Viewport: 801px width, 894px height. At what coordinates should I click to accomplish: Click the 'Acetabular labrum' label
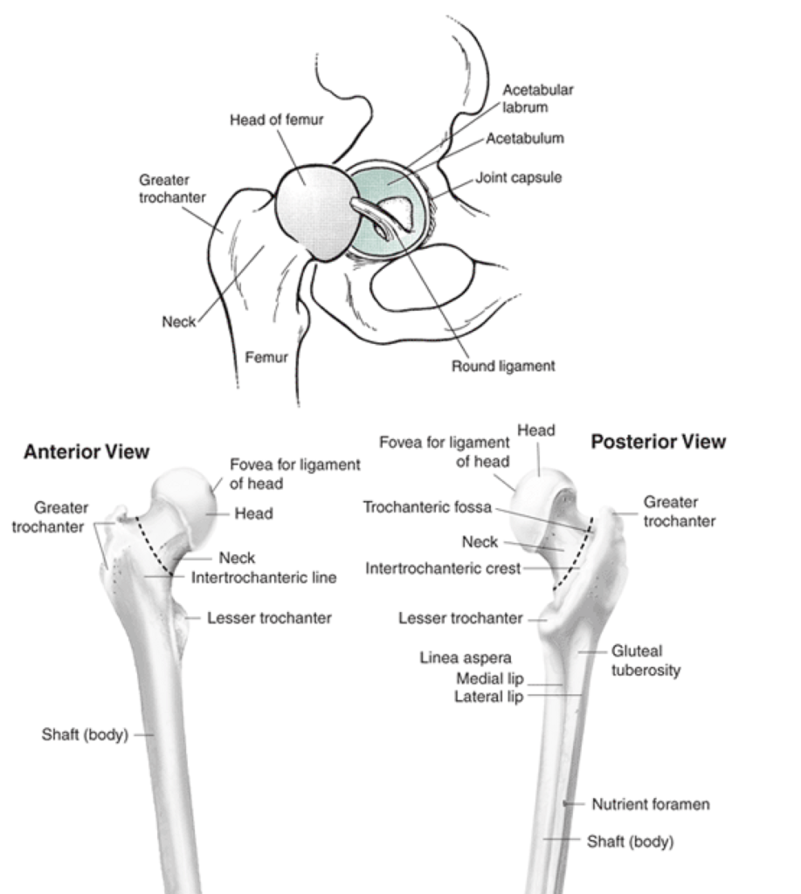click(x=538, y=99)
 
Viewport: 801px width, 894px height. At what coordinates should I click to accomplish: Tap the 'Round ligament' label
click(x=502, y=366)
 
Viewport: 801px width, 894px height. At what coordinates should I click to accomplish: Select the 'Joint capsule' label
click(x=518, y=177)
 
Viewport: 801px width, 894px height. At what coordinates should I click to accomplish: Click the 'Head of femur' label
click(x=276, y=120)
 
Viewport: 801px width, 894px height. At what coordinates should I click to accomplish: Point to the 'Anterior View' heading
click(x=86, y=452)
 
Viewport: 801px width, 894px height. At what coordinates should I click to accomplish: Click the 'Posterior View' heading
click(x=658, y=442)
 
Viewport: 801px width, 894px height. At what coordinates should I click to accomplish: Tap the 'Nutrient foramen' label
click(x=650, y=804)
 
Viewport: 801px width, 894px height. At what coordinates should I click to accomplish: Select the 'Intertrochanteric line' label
click(x=264, y=577)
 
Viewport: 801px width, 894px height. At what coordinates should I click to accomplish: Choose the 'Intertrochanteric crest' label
click(x=443, y=568)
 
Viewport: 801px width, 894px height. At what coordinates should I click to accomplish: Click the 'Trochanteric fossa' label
click(x=427, y=507)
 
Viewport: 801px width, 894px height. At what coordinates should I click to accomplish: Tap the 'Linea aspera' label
click(x=466, y=657)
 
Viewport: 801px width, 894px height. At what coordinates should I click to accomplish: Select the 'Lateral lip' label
click(x=488, y=697)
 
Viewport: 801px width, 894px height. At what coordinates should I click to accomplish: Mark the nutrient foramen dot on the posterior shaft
click(x=566, y=801)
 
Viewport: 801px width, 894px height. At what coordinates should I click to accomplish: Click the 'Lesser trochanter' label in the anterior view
click(x=269, y=618)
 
